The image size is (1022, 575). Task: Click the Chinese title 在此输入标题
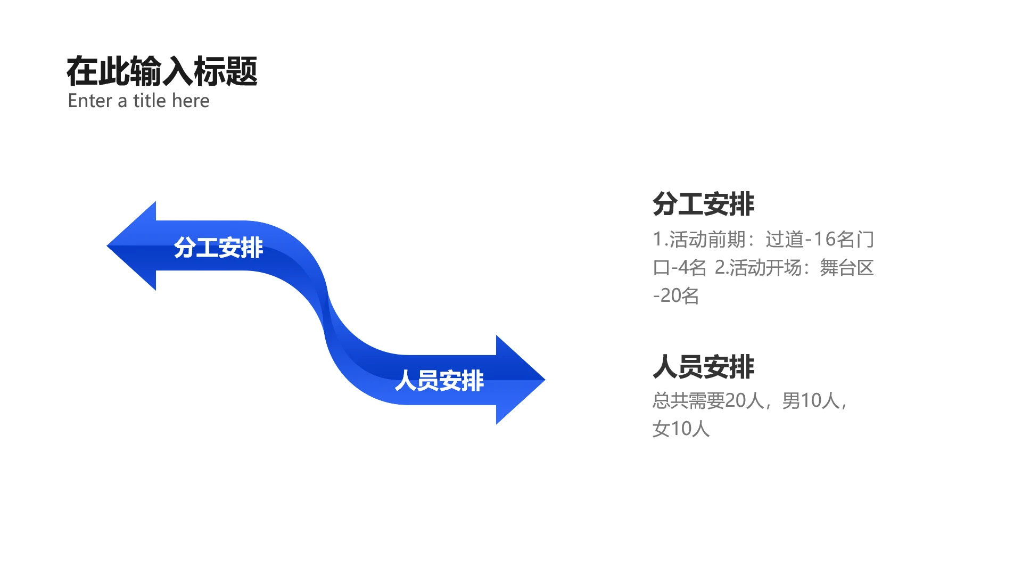tap(162, 71)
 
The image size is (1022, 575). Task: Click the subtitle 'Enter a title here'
tap(138, 101)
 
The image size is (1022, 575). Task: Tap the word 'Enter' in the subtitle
tap(90, 101)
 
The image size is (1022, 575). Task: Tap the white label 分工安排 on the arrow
tap(218, 248)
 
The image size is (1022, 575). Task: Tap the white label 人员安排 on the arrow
tap(439, 381)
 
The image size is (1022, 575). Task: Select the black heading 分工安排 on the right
tap(703, 204)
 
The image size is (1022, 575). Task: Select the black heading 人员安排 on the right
tap(703, 367)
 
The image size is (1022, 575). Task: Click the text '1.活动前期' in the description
tap(699, 240)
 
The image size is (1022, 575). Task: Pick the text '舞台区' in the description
tap(847, 268)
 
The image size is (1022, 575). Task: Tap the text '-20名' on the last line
tap(676, 295)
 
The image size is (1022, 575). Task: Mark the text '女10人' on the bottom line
tap(681, 429)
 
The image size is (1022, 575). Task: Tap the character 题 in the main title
tap(242, 71)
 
